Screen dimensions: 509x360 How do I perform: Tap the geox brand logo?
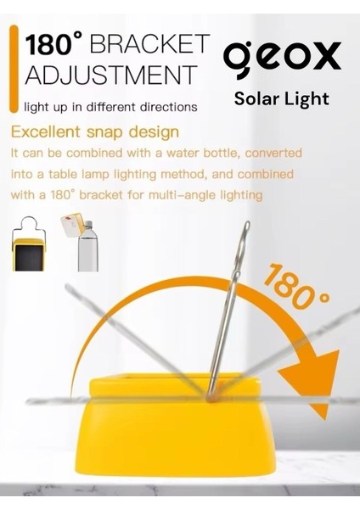[x=283, y=58]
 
